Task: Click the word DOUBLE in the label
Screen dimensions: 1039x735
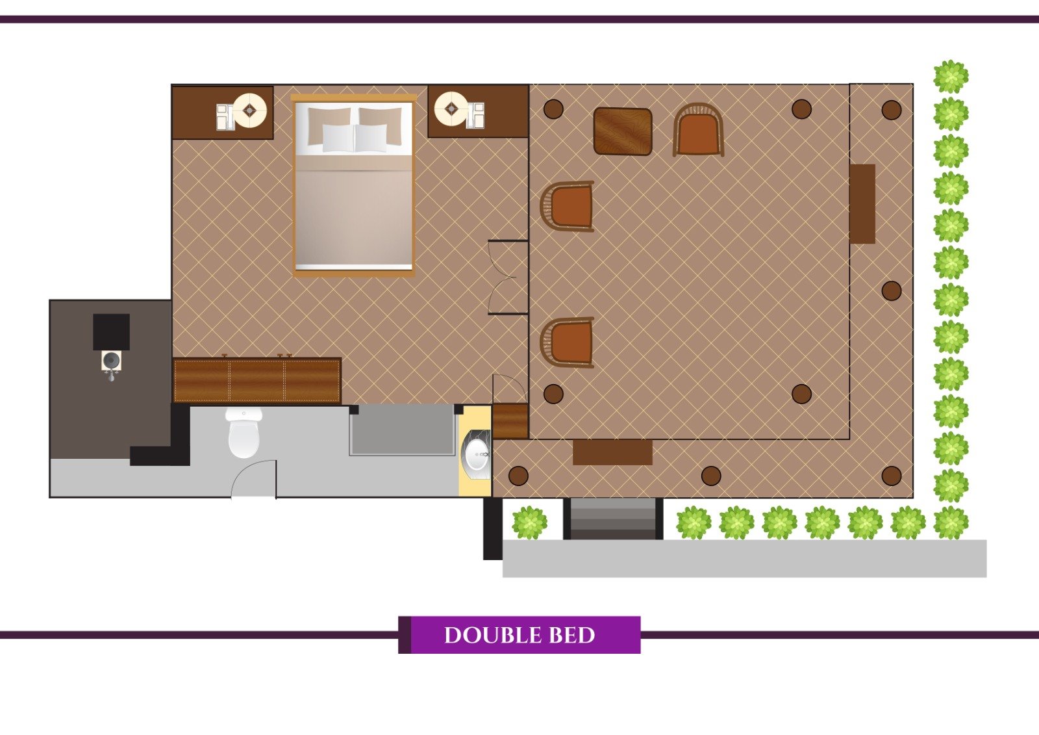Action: click(x=492, y=635)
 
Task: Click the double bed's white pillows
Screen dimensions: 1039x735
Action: click(x=355, y=138)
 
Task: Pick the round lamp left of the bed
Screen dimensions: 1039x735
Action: click(x=249, y=110)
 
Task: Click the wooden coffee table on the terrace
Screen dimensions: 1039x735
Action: click(x=623, y=131)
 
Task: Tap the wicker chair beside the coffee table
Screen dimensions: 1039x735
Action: click(x=698, y=130)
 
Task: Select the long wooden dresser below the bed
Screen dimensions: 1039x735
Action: click(x=257, y=380)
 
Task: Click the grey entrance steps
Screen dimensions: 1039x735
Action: click(x=613, y=519)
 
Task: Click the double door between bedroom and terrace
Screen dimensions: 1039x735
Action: click(x=508, y=277)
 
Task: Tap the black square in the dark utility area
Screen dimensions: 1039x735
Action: click(x=111, y=332)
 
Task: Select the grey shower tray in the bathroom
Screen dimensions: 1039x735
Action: click(x=403, y=430)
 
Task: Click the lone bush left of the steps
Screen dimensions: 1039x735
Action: click(x=529, y=522)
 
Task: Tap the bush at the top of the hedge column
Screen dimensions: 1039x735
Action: click(x=951, y=77)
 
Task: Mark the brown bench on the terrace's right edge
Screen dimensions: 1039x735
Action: click(x=862, y=203)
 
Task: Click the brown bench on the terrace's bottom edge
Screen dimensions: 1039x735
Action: click(x=612, y=452)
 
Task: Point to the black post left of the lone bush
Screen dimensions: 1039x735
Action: click(x=493, y=529)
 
